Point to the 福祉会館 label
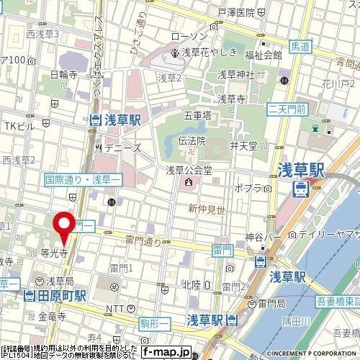(264, 54)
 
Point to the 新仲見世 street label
(204, 208)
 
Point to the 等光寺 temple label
(54, 253)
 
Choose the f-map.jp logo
(165, 353)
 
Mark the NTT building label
(116, 308)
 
